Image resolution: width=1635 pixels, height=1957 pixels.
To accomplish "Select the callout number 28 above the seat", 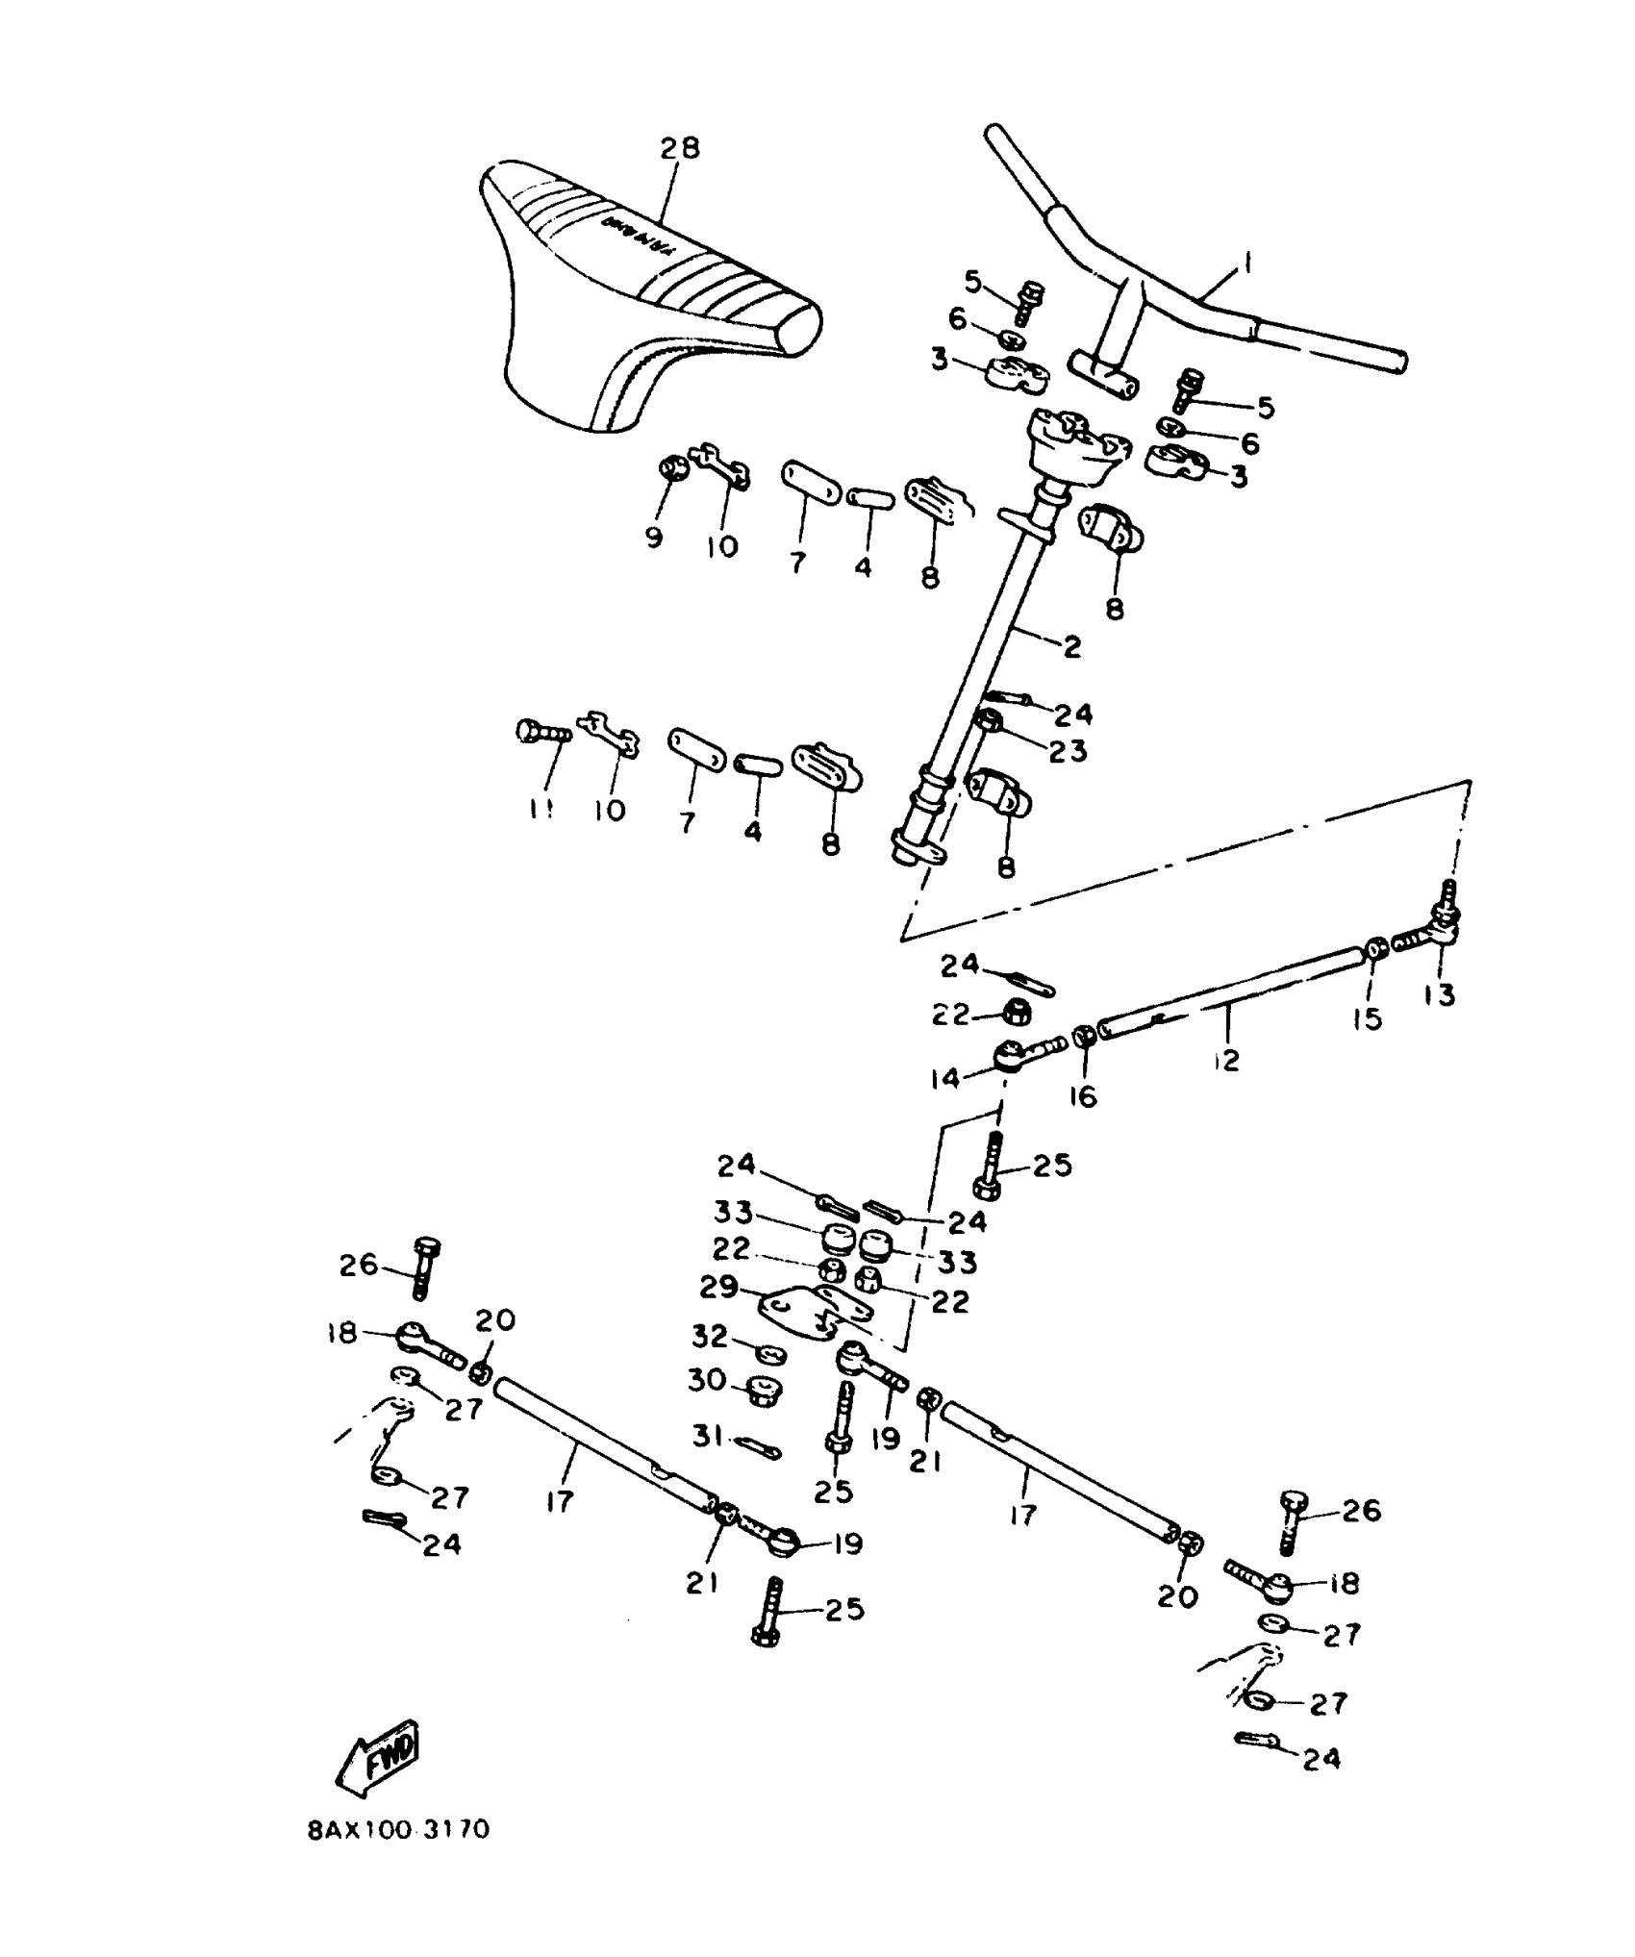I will pos(680,148).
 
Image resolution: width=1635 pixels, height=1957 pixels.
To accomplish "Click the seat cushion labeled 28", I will pos(635,289).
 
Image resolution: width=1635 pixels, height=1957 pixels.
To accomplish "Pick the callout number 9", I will pos(654,537).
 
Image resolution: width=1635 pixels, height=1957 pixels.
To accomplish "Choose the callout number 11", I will pos(541,811).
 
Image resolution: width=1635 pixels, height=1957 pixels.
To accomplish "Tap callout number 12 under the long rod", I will pos(1226,1061).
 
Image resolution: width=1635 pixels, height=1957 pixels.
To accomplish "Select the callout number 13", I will pos(1440,995).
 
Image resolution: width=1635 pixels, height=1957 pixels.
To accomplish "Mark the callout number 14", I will pos(944,1079).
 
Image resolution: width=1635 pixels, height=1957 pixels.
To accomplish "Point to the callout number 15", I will pos(1367,1018).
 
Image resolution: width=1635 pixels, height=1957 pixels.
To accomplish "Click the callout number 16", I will pos(1084,1096).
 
